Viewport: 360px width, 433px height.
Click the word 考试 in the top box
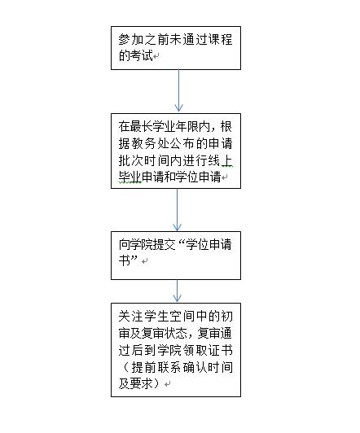pyautogui.click(x=136, y=56)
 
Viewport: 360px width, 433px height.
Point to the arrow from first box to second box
pyautogui.click(x=178, y=90)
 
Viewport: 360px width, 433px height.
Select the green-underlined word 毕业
pyautogui.click(x=130, y=177)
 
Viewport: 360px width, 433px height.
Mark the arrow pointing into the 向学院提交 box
pyautogui.click(x=177, y=210)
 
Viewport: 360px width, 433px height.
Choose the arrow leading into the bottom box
pyautogui.click(x=177, y=291)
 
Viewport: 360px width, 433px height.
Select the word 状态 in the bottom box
pyautogui.click(x=175, y=334)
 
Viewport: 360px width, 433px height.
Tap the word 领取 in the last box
pyautogui.click(x=195, y=351)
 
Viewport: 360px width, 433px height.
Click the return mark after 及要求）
pyautogui.click(x=167, y=384)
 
